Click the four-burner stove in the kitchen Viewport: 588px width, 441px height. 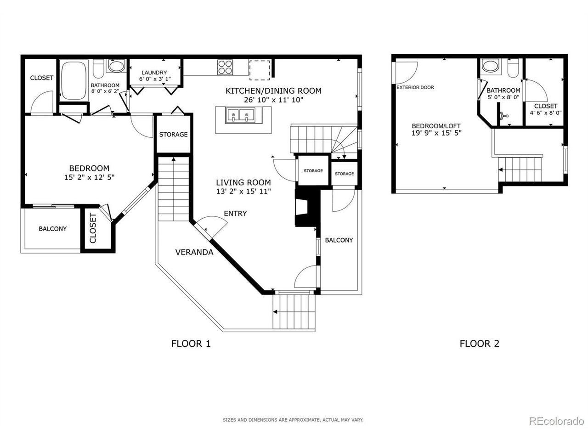pyautogui.click(x=225, y=67)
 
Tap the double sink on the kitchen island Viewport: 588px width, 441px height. pyautogui.click(x=240, y=116)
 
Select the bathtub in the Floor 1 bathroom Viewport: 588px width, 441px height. pyautogui.click(x=73, y=80)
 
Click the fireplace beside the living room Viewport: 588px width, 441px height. pyautogui.click(x=307, y=208)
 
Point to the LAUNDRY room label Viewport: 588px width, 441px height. pyautogui.click(x=154, y=73)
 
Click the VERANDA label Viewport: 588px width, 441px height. pyautogui.click(x=194, y=252)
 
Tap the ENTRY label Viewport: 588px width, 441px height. pyautogui.click(x=235, y=214)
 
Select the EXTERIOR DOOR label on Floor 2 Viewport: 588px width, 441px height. pyautogui.click(x=415, y=87)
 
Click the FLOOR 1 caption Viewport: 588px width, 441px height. pyautogui.click(x=191, y=344)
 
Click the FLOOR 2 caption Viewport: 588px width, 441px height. pyautogui.click(x=480, y=344)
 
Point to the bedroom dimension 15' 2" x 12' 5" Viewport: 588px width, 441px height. pyautogui.click(x=89, y=177)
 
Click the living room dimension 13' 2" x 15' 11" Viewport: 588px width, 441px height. pyautogui.click(x=243, y=192)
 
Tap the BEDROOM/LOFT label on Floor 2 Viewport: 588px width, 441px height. pyautogui.click(x=436, y=126)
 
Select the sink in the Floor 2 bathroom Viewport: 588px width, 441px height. pyautogui.click(x=491, y=66)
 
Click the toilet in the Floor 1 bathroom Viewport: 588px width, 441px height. pyautogui.click(x=98, y=68)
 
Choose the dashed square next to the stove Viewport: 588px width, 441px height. pyautogui.click(x=259, y=70)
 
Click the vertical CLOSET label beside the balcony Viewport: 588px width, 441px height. pyautogui.click(x=93, y=228)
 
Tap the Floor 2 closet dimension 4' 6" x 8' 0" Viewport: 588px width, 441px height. pyautogui.click(x=545, y=113)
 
